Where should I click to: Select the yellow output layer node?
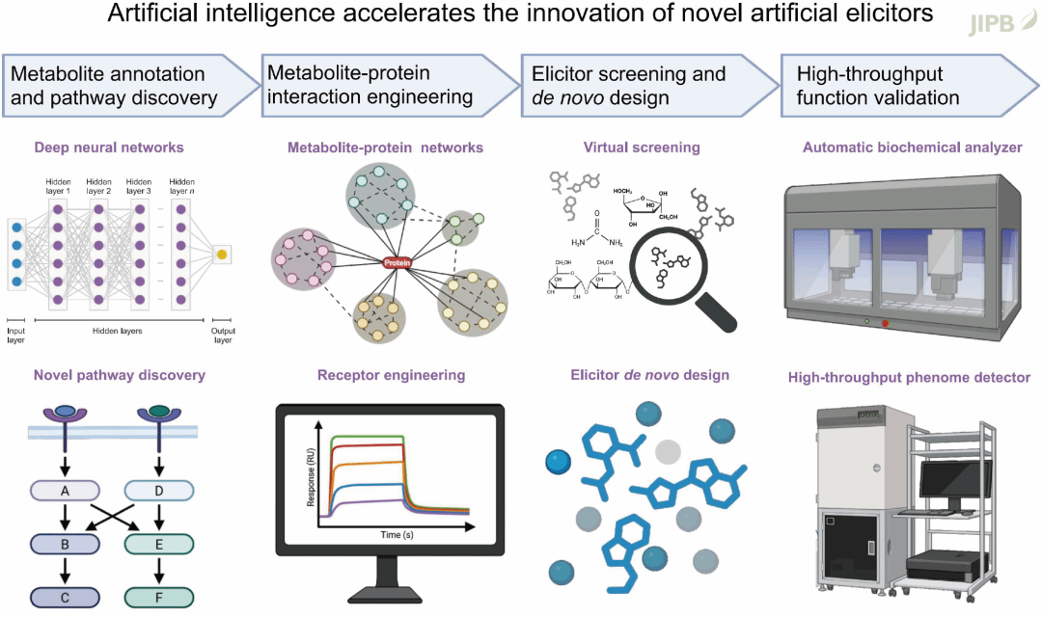[222, 255]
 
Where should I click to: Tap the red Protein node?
[397, 263]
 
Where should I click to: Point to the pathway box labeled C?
[65, 598]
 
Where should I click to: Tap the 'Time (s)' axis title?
[397, 533]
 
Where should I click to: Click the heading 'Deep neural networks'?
[108, 148]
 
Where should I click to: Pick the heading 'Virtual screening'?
[642, 148]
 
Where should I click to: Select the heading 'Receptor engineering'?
[391, 375]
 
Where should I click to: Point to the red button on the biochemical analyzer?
[886, 323]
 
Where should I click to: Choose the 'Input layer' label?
[15, 334]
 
